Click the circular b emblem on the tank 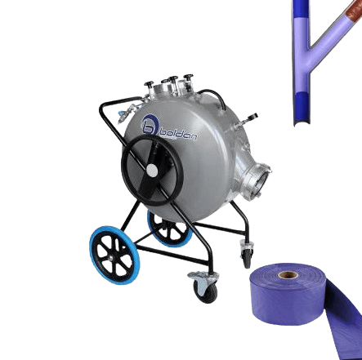[150, 125]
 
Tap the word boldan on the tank [178, 134]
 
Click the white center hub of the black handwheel [152, 171]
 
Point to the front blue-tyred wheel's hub [111, 257]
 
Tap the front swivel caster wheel [205, 290]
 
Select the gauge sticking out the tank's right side [251, 118]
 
